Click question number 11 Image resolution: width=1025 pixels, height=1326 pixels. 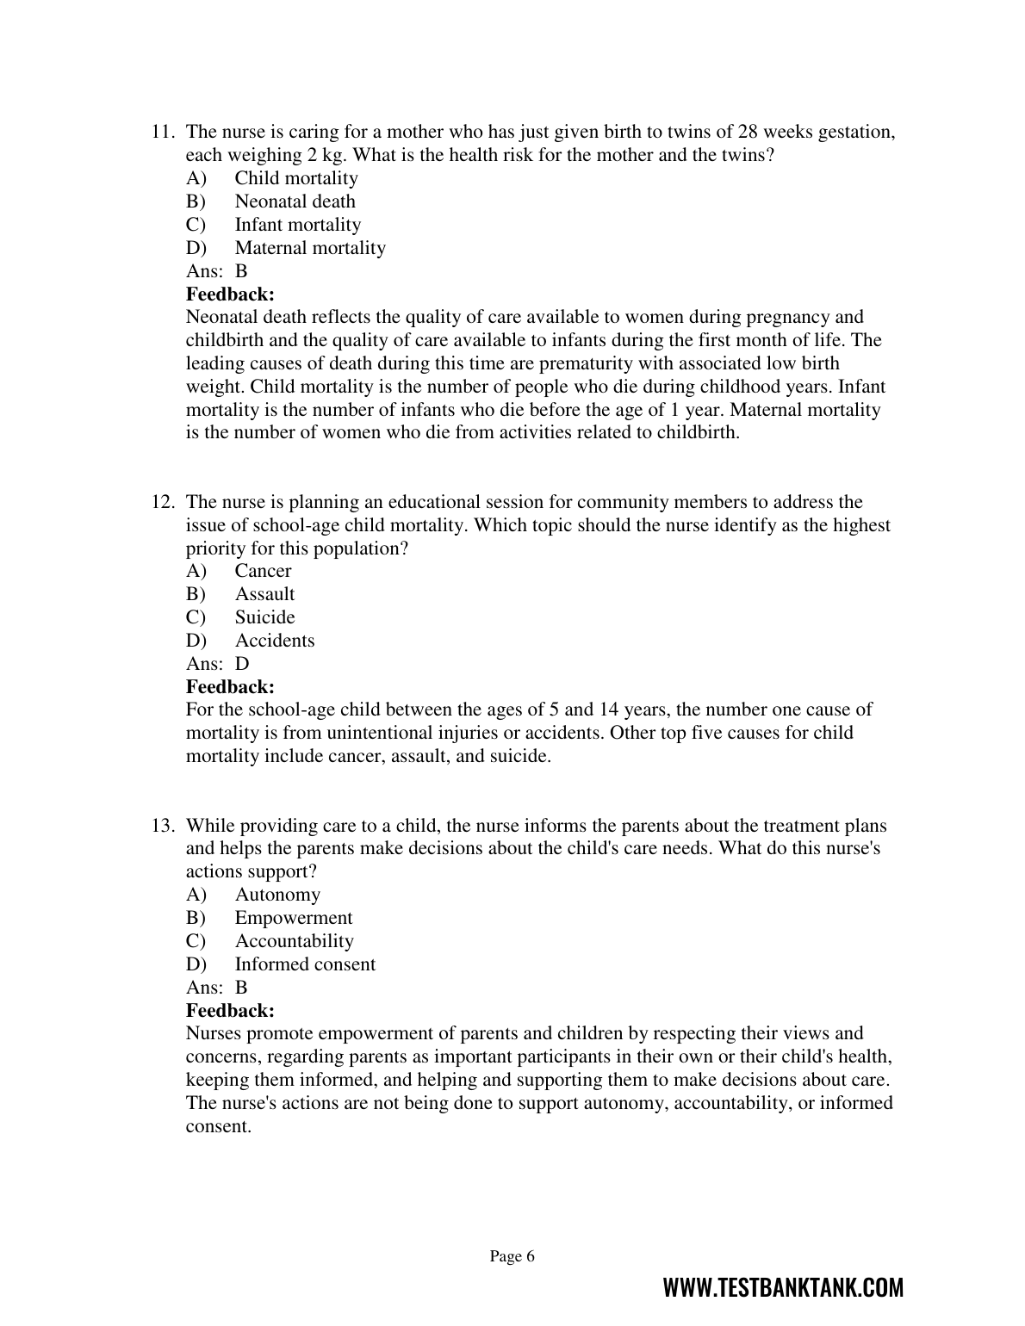tap(164, 133)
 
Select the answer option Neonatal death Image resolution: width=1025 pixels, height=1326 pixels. tap(295, 201)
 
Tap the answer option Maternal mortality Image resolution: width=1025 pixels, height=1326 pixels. tap(310, 248)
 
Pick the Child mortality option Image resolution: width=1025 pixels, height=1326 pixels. tap(296, 178)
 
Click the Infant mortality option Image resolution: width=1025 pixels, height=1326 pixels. tap(298, 225)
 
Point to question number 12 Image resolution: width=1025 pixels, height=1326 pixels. tap(164, 502)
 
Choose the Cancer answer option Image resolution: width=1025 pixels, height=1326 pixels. tap(263, 571)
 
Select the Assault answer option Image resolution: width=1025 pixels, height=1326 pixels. tap(264, 594)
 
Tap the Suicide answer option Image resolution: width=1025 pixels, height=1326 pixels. tap(264, 617)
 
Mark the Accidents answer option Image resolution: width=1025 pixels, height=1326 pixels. tap(275, 641)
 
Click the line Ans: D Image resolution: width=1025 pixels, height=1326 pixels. tap(218, 664)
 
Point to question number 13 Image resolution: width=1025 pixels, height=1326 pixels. tap(164, 826)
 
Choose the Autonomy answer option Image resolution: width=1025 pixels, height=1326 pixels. tap(277, 895)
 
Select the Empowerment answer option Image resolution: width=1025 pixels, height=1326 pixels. tap(294, 918)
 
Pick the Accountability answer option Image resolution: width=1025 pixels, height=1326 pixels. tap(294, 941)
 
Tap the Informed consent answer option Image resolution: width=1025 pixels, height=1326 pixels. tap(305, 964)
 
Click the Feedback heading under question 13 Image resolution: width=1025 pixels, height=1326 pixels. tap(230, 1011)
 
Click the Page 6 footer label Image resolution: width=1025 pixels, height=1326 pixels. tap(512, 1256)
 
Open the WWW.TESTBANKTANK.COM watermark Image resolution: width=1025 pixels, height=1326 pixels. tap(783, 1288)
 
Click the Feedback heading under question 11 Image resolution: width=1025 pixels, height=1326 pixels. tap(230, 294)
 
